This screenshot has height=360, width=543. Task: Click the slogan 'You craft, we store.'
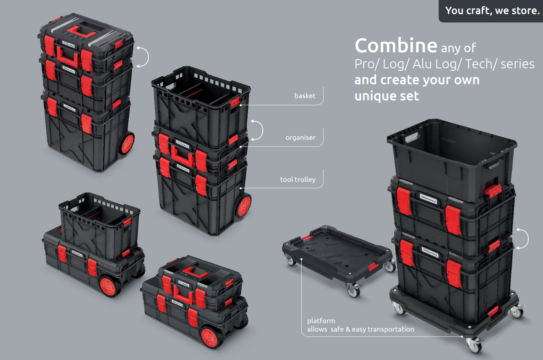492,11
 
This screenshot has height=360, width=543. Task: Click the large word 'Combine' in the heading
396,46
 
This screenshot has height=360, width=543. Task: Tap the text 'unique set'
387,96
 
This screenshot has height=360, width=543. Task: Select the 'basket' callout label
305,96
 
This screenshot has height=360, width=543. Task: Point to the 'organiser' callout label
300,137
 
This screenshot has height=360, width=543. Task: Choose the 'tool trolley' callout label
297,179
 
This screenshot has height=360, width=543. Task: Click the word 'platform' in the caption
321,320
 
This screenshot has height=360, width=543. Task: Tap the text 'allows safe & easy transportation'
360,329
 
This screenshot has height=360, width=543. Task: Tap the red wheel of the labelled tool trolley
243,206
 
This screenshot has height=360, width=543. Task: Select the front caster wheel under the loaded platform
474,345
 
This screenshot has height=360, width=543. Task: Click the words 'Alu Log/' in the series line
436,64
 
